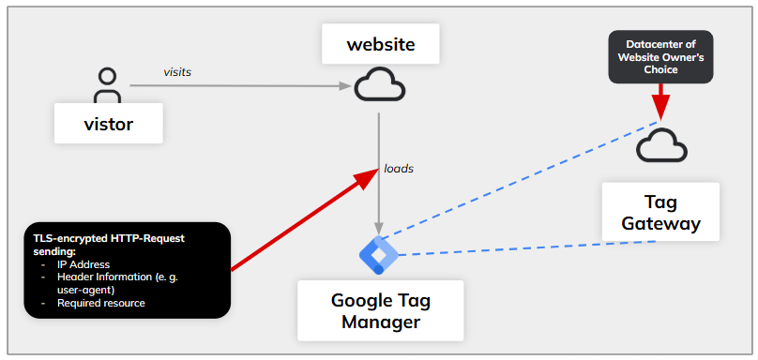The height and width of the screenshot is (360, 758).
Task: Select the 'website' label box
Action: pos(380,44)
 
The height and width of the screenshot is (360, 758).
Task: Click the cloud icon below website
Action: pos(379,86)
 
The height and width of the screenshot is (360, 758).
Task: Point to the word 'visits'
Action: pos(177,71)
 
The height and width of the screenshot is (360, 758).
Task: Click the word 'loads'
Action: pos(399,169)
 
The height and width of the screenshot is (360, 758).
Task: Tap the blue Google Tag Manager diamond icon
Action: pos(379,255)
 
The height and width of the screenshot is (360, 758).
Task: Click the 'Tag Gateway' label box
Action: pos(660,213)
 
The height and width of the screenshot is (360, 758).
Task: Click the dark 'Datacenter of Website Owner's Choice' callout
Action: pos(660,56)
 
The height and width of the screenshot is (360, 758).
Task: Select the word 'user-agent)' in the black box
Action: pos(90,291)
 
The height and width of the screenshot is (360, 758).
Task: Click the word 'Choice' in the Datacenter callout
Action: pos(660,68)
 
